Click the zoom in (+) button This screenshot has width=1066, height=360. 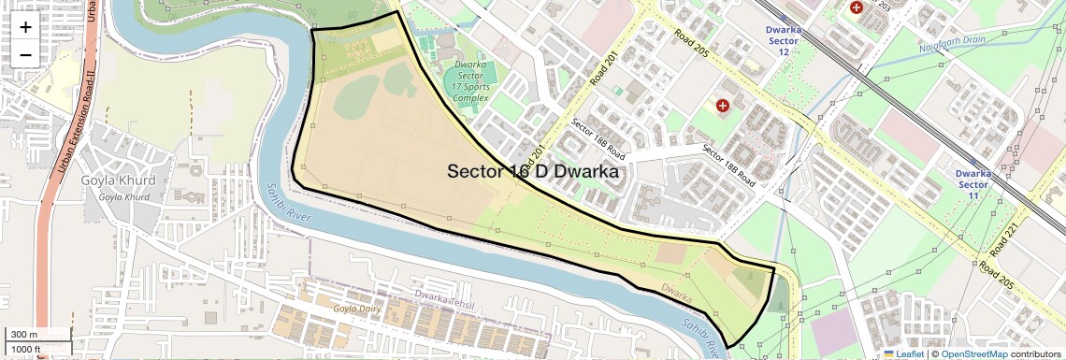pyautogui.click(x=25, y=27)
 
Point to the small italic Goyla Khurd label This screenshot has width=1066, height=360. pyautogui.click(x=123, y=197)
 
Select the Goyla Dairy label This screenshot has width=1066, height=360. pyautogui.click(x=359, y=307)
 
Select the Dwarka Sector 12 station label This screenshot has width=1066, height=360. pyautogui.click(x=784, y=40)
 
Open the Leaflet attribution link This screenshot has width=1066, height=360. pyautogui.click(x=903, y=353)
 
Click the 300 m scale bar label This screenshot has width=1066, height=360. pyautogui.click(x=24, y=335)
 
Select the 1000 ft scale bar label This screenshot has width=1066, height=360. pyautogui.click(x=26, y=349)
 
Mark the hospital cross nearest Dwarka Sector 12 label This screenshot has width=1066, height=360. pyautogui.click(x=856, y=7)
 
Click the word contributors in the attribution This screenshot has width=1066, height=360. pyautogui.click(x=1035, y=353)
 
